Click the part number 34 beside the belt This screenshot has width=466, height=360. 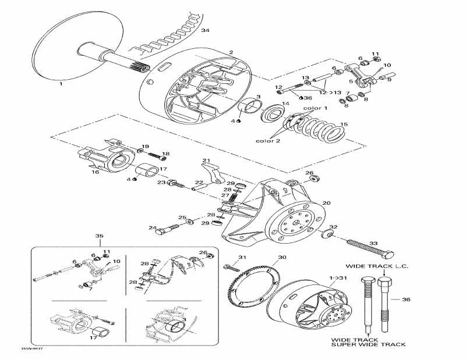pyautogui.click(x=204, y=30)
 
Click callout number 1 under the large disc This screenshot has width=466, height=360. pyautogui.click(x=60, y=84)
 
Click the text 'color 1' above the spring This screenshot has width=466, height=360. pyautogui.click(x=316, y=108)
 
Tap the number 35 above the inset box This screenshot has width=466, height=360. pyautogui.click(x=98, y=236)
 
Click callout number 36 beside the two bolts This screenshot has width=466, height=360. pyautogui.click(x=406, y=300)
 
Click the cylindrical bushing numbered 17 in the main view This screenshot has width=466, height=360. pyautogui.click(x=147, y=172)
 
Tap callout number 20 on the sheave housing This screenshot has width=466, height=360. pyautogui.click(x=326, y=203)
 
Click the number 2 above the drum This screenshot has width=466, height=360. pyautogui.click(x=231, y=52)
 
